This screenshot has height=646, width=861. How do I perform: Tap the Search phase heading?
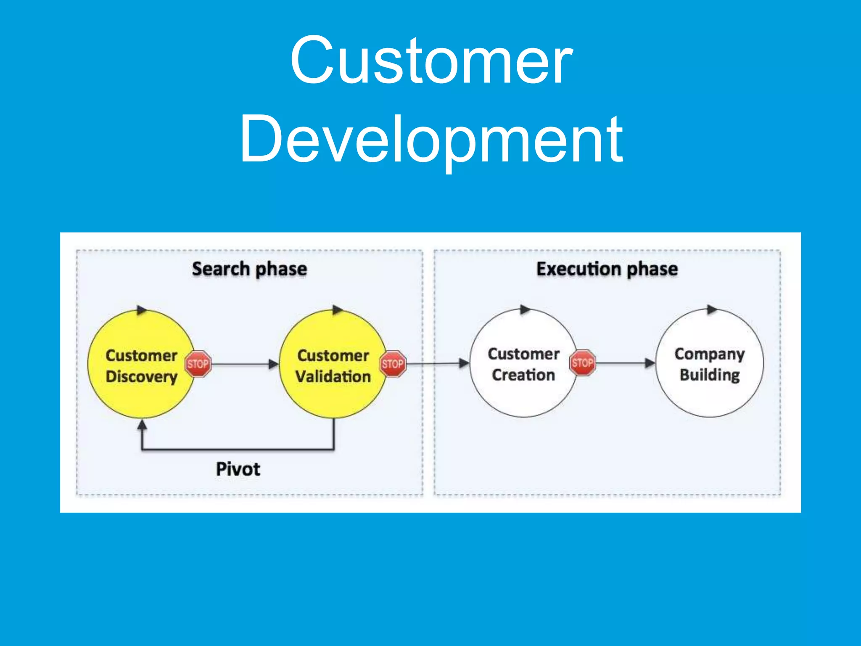tap(249, 269)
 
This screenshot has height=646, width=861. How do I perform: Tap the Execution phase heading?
tap(607, 269)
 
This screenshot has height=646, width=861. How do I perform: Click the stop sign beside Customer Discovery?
tap(198, 364)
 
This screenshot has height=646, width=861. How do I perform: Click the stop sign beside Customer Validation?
tap(393, 364)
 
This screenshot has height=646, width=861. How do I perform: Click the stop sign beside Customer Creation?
tap(582, 363)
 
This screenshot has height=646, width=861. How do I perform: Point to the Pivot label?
tap(238, 469)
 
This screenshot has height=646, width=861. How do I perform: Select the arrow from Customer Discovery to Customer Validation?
tap(244, 364)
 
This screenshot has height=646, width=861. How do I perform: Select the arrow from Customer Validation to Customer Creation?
tap(437, 363)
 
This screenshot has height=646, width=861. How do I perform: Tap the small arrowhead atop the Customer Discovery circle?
tap(142, 310)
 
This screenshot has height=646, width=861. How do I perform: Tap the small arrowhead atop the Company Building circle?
tap(712, 310)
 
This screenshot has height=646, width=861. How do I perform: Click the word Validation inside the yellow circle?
tap(333, 376)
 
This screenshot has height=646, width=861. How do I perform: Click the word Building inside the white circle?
tap(710, 375)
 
